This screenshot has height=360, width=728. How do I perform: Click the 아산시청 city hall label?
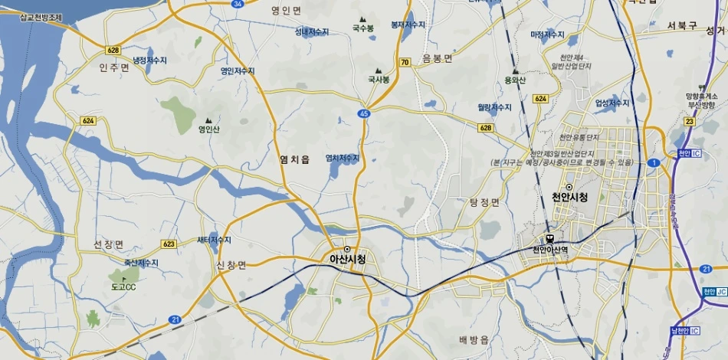pos(347,259)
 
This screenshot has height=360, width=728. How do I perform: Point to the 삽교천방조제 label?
pos(31,16)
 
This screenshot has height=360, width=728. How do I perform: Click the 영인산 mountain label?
pos(208,129)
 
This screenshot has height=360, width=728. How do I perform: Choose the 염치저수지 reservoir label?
pos(343,158)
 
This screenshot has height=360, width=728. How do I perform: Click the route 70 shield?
pos(404,62)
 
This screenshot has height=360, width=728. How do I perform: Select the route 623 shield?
pos(169,244)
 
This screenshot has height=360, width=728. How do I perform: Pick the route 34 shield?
pos(238,4)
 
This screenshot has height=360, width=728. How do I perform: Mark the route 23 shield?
pos(689,121)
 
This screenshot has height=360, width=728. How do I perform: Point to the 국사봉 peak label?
pos(379,79)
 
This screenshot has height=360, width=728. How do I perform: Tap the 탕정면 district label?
pos(484,202)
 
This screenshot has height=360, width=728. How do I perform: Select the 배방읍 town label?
pos(474,339)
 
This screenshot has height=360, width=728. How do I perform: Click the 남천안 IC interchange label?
pos(684,330)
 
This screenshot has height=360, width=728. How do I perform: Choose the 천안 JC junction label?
pos(713,292)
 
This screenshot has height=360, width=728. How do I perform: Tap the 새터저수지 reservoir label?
pos(214,240)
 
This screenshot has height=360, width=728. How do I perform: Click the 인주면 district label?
pos(114,67)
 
